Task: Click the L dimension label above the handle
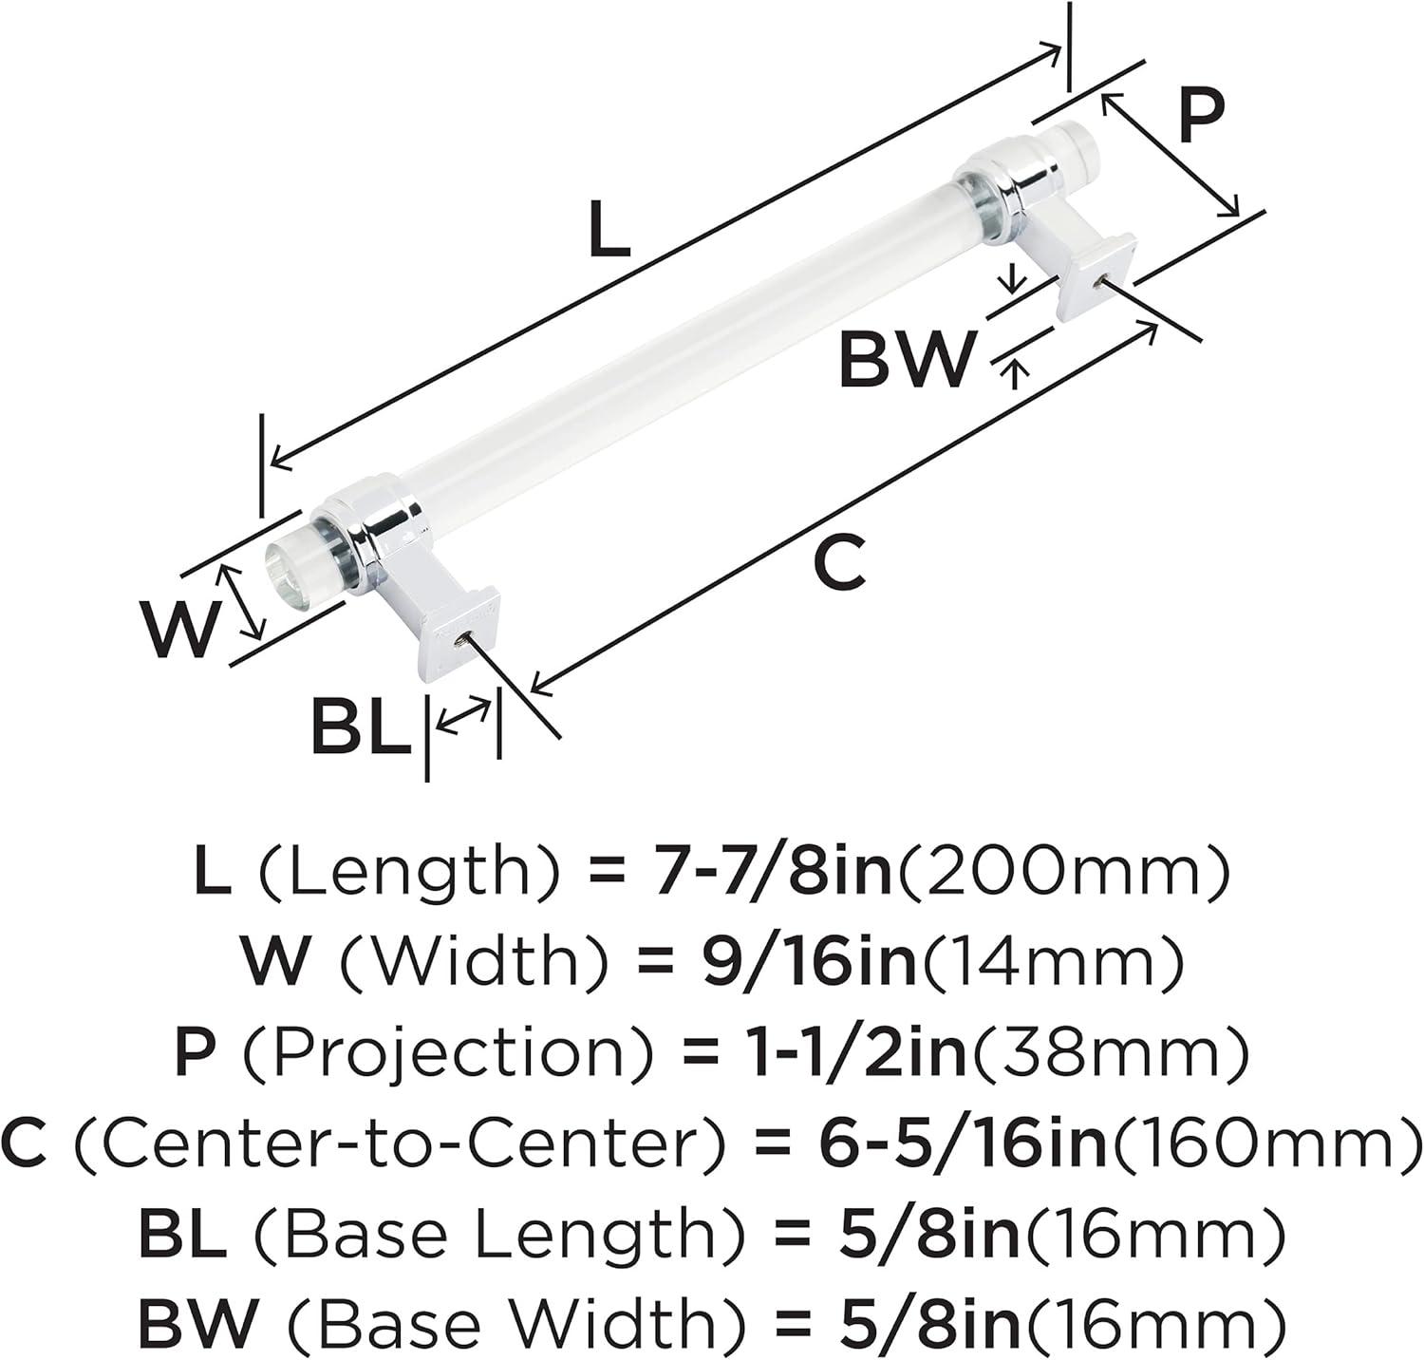609,231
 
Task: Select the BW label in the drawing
907,358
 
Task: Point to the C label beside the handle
840,563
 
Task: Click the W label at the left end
181,630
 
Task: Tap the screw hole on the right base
1097,280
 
